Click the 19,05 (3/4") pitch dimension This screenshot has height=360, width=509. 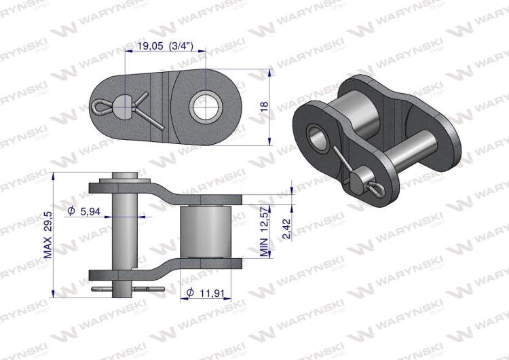165,47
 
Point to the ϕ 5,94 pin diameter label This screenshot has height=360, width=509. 85,212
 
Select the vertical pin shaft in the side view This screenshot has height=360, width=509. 123,231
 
